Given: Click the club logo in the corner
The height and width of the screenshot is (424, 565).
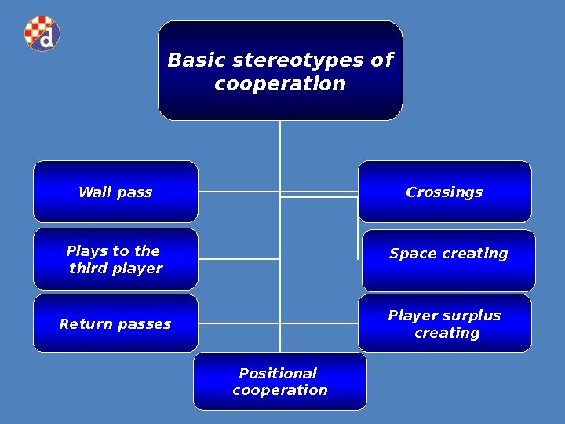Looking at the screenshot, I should [x=42, y=34].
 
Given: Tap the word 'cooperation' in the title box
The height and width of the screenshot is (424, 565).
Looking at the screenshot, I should [x=280, y=84].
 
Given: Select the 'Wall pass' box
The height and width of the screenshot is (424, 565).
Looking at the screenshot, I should [x=115, y=192].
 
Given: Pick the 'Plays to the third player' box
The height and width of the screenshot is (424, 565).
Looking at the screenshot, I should [x=115, y=259].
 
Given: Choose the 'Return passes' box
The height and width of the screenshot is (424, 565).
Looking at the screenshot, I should [x=115, y=323].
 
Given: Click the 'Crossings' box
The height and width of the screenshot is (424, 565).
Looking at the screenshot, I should [x=444, y=192].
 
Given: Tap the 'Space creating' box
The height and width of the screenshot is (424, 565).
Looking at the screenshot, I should [x=448, y=260].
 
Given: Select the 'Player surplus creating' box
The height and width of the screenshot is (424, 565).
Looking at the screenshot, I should [x=445, y=323].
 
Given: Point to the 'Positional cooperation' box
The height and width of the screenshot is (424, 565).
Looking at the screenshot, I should [x=280, y=382].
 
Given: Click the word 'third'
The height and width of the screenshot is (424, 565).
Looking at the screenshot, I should [x=88, y=269].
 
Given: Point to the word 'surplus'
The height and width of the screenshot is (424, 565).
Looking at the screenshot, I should [x=472, y=316].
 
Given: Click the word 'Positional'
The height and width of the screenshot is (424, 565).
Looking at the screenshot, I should [x=278, y=374].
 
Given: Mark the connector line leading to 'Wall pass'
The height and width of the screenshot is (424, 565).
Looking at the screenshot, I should [x=239, y=191].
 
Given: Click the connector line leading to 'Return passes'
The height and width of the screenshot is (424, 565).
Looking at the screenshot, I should [x=239, y=323].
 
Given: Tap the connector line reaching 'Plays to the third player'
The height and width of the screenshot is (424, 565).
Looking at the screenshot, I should [x=239, y=258].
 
